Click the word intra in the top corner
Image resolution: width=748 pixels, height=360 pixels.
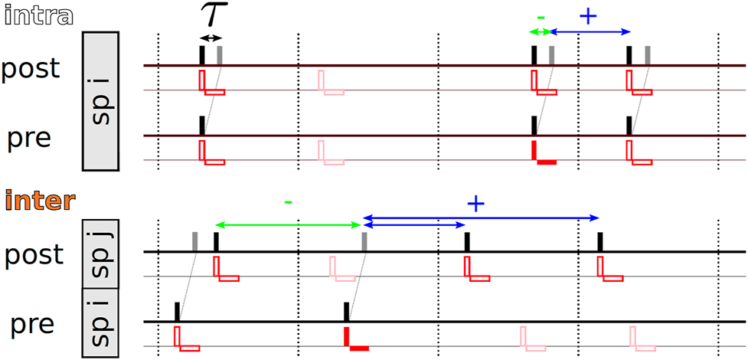(x=38, y=15)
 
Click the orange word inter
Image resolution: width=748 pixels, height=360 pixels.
(x=39, y=201)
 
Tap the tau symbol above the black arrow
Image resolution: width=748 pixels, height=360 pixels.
(x=210, y=15)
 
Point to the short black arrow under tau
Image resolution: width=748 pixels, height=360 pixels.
(x=210, y=38)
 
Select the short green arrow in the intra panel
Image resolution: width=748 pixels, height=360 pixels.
(x=541, y=31)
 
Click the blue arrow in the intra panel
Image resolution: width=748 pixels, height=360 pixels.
(x=590, y=31)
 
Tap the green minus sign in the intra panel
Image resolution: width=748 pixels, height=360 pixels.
(x=541, y=16)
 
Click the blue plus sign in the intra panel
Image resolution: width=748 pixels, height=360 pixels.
(x=587, y=16)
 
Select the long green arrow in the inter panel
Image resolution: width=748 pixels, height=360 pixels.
(x=288, y=225)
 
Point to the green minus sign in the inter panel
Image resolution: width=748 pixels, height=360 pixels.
(x=287, y=203)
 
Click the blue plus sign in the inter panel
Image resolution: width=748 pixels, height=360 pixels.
(x=475, y=204)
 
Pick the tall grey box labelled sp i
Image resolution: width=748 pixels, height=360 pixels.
(x=100, y=101)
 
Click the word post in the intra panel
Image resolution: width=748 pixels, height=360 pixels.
(x=30, y=69)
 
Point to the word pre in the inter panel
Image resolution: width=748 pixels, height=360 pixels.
(x=32, y=325)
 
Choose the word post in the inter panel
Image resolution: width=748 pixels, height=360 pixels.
(x=34, y=255)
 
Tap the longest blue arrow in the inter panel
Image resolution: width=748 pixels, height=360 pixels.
(x=482, y=218)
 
